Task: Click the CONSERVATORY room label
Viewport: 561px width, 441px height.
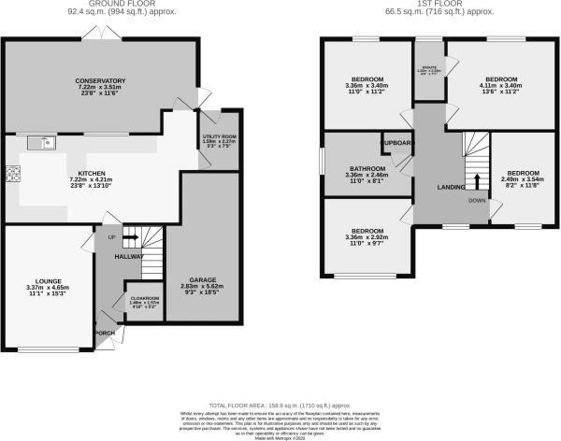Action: [101, 80]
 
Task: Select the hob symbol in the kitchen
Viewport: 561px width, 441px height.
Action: [14, 174]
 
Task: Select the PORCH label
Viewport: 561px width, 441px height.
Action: [106, 333]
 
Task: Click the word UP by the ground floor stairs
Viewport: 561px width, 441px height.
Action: [112, 237]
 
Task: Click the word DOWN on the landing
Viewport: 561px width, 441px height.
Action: [476, 199]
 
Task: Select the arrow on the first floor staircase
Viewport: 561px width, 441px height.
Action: [477, 180]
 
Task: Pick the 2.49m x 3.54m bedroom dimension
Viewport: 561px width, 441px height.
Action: [523, 180]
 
